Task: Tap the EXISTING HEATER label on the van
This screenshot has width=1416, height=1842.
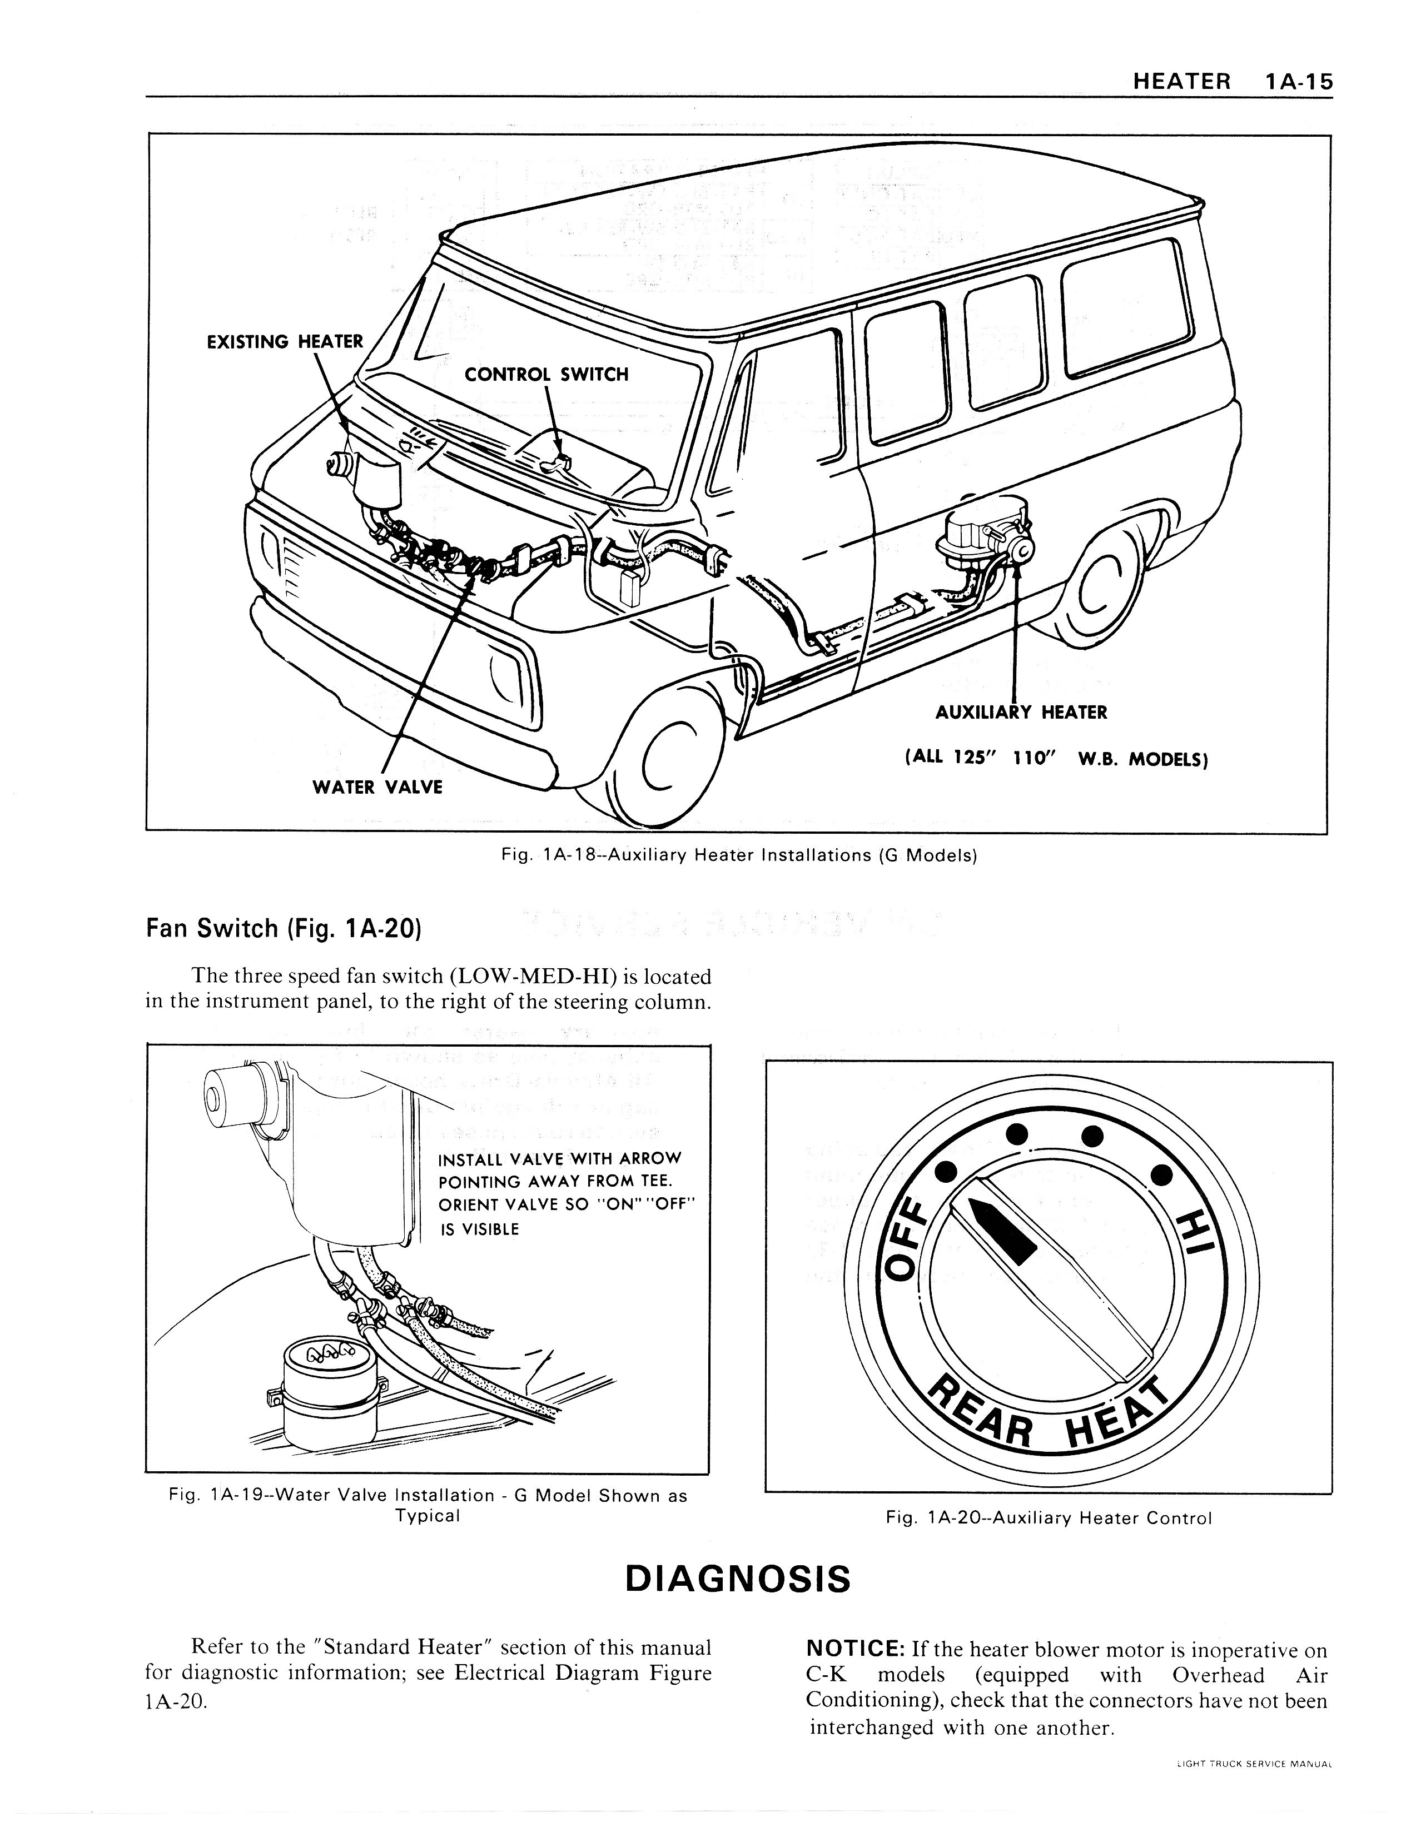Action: (285, 341)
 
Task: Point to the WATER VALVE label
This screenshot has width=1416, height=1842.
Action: (377, 787)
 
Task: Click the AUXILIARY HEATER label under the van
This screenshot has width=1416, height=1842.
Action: (1021, 712)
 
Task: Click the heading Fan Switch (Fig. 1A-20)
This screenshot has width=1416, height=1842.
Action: (283, 929)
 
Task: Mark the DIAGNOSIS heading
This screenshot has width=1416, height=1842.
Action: (738, 1579)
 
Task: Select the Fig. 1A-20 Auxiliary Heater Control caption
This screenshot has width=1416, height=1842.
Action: (1049, 1519)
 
